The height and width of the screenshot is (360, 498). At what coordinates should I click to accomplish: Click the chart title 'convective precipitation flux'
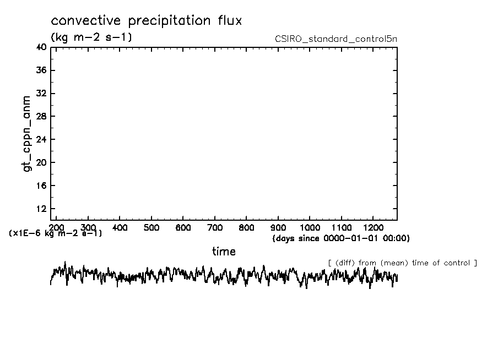click(x=147, y=21)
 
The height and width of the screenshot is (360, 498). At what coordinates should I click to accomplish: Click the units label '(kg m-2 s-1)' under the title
click(x=91, y=37)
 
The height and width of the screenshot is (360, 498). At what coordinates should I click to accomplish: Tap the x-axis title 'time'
click(x=224, y=252)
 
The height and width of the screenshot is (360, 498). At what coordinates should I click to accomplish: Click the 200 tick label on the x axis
click(x=57, y=227)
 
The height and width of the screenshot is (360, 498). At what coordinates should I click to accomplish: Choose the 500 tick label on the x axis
click(x=151, y=227)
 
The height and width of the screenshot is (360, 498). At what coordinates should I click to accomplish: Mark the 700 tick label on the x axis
click(x=215, y=227)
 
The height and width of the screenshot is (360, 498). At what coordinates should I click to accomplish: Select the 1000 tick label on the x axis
click(x=310, y=227)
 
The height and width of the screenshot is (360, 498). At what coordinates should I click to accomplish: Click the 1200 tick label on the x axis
click(x=373, y=227)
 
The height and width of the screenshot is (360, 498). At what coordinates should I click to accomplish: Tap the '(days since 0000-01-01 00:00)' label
click(x=341, y=238)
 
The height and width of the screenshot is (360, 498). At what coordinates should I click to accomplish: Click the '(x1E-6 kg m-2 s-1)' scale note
click(x=56, y=233)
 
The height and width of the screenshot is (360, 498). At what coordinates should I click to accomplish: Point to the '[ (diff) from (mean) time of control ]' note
click(x=402, y=263)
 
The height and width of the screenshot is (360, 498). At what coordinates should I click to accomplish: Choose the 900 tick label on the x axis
click(x=278, y=227)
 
